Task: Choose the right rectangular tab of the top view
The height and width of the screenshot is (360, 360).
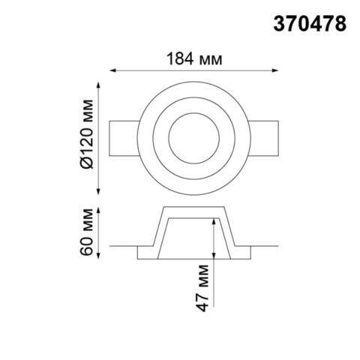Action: (265, 136)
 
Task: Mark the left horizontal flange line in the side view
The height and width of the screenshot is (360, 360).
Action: (124, 244)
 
